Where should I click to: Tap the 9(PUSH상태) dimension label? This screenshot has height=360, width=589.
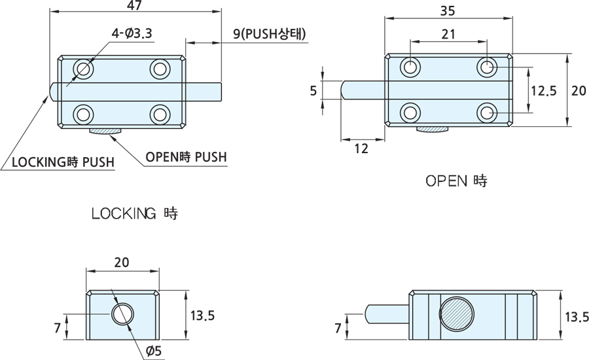click(x=269, y=34)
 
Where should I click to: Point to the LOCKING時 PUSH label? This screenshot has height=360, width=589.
click(x=62, y=162)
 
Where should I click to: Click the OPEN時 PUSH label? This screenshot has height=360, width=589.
click(x=185, y=156)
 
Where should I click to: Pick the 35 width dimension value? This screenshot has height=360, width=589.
click(x=448, y=11)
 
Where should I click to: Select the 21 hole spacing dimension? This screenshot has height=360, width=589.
click(x=448, y=35)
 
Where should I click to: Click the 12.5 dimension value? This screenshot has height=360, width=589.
click(x=543, y=91)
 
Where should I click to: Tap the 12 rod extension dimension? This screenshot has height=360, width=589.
click(x=361, y=149)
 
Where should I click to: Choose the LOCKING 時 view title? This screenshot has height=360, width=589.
click(x=134, y=213)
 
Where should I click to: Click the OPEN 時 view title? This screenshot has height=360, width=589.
click(x=456, y=181)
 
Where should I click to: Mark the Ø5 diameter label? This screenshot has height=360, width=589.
click(x=153, y=351)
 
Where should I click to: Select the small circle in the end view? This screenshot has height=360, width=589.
click(x=121, y=314)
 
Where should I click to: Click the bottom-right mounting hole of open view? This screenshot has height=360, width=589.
click(x=486, y=113)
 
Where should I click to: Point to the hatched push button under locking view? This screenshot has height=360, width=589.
click(x=104, y=132)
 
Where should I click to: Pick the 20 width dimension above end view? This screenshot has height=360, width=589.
click(x=121, y=262)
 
